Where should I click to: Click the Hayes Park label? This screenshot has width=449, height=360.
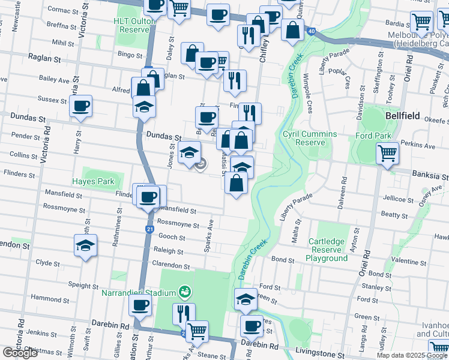(x=93, y=181)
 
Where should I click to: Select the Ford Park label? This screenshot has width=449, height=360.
(x=373, y=136)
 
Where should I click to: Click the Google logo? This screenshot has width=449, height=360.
(x=20, y=353)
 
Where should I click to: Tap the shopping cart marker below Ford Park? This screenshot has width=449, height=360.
(x=387, y=154)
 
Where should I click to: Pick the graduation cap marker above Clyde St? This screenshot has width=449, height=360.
(x=86, y=245)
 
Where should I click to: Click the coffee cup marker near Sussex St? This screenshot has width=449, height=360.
(x=80, y=106)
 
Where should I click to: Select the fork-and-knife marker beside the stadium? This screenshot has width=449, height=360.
(x=183, y=313)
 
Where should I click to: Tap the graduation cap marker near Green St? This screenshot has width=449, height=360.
(x=245, y=299)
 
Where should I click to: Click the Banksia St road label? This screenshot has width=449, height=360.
(x=430, y=177)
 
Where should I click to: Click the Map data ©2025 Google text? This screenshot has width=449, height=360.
(x=412, y=355)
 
